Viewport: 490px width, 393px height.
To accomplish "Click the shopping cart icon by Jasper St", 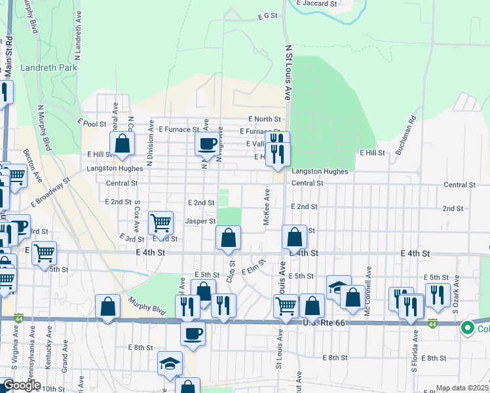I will [x=160, y=223].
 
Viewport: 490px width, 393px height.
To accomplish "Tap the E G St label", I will [x=268, y=15].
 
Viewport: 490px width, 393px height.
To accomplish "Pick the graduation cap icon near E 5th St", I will [x=339, y=288].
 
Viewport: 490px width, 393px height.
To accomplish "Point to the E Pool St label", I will [x=91, y=122].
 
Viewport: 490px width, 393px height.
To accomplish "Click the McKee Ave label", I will [x=267, y=208].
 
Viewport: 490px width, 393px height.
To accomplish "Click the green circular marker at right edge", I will [x=468, y=328].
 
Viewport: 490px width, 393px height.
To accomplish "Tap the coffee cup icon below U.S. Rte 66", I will [x=193, y=333].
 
